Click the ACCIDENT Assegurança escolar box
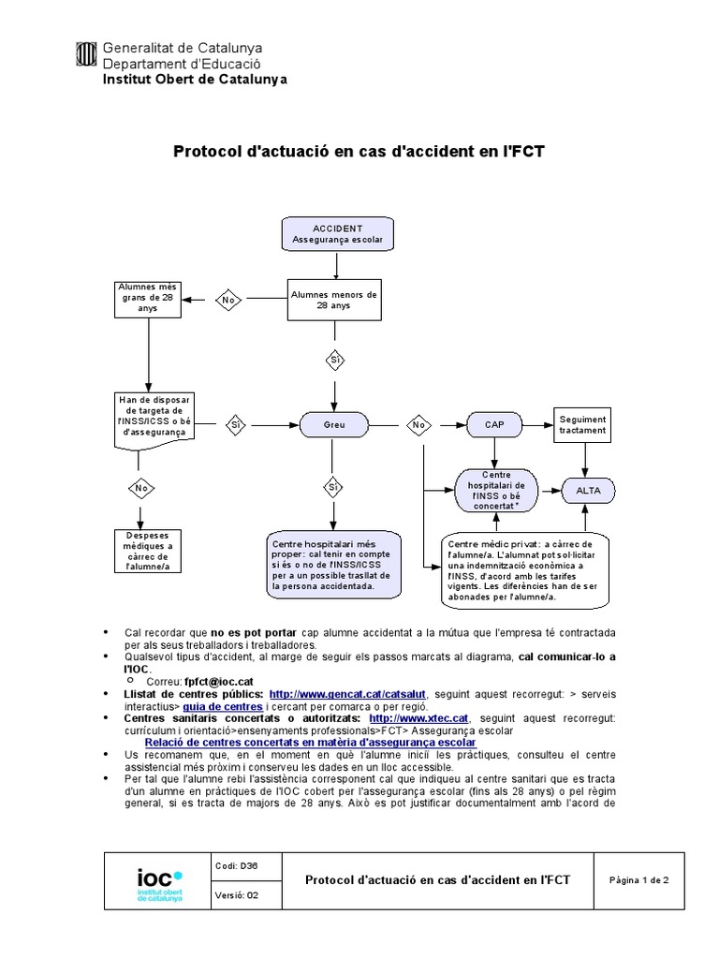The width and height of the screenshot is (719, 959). (x=336, y=235)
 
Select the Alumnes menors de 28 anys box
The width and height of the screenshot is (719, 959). (x=334, y=300)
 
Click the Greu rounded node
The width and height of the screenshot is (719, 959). (x=334, y=424)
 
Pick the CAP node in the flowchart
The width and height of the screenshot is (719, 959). (x=494, y=424)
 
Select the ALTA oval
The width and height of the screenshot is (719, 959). (x=588, y=491)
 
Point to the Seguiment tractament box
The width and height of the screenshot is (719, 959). (x=582, y=424)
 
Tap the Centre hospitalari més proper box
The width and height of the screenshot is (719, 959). (x=333, y=566)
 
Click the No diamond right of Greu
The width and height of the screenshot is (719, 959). (x=418, y=424)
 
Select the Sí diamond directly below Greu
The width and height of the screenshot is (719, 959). (x=334, y=487)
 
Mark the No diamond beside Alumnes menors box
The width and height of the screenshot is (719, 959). (x=227, y=300)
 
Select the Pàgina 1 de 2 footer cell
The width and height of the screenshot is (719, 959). (x=639, y=881)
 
